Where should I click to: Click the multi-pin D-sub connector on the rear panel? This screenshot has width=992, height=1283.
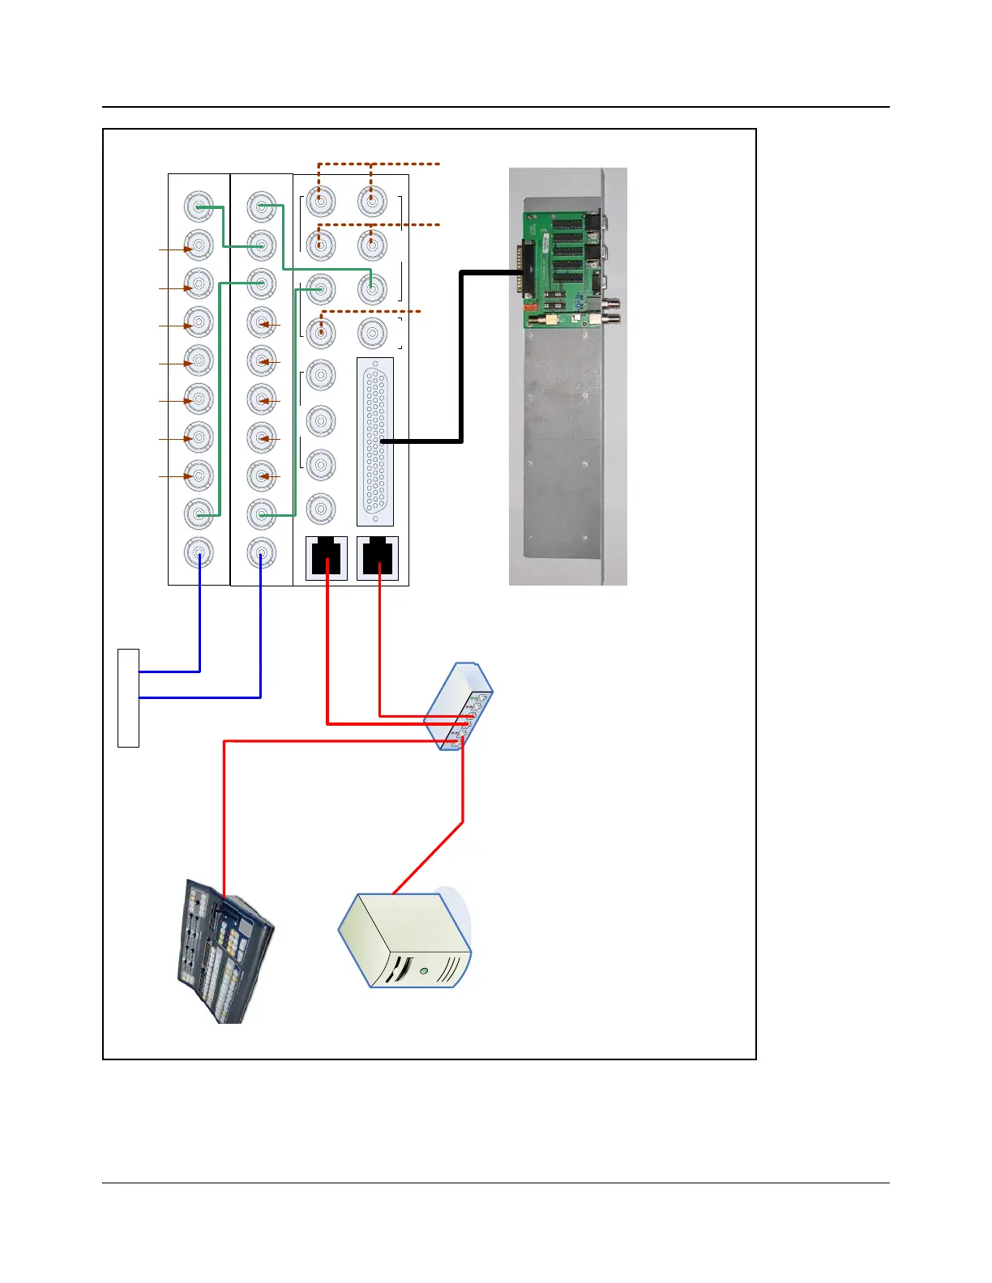pos(375,441)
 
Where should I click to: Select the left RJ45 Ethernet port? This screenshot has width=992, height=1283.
pos(326,557)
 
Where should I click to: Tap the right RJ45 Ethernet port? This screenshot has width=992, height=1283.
pos(378,557)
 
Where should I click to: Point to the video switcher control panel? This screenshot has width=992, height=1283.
pos(224,952)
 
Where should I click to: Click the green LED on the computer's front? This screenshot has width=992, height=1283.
pos(423,970)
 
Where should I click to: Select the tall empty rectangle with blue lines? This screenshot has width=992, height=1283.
pos(128,697)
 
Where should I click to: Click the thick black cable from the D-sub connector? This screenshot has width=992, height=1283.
pos(461,356)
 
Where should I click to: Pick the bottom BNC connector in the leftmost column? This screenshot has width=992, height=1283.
pos(199,553)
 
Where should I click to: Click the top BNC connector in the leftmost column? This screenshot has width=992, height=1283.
pos(199,207)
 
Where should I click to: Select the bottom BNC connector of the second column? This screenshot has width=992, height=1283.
pos(261,553)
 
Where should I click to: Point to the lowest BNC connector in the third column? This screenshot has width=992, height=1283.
pos(321,509)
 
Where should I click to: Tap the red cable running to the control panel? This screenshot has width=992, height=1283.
pos(224,810)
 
